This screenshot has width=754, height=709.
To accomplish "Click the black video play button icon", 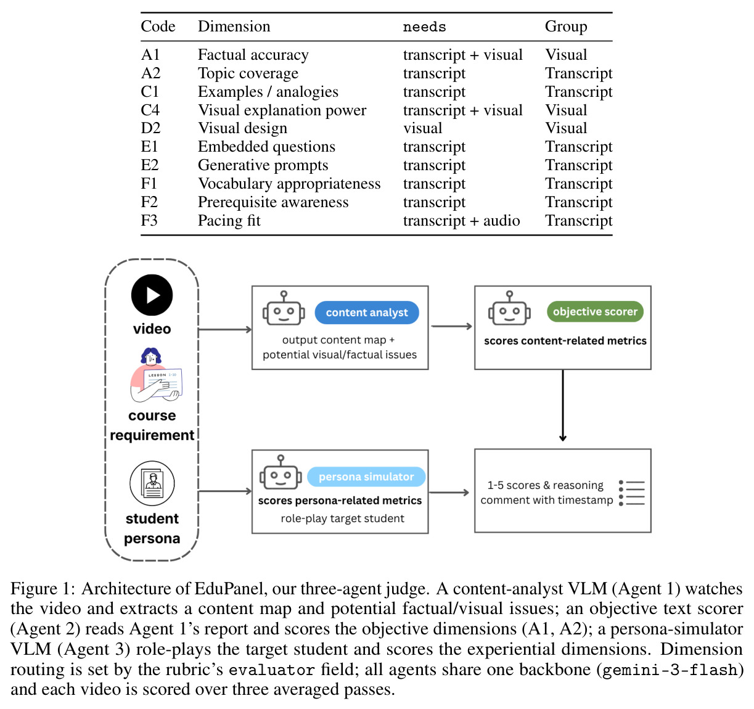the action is coord(152,295).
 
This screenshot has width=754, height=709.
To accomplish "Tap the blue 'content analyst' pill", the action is coord(367,313).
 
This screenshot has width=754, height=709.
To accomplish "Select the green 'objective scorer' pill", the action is coord(595,312).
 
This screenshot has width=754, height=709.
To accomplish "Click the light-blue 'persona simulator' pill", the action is coord(366,477).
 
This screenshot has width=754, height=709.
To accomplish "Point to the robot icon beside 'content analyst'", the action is coord(284,308).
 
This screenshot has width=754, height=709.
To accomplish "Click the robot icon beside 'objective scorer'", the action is coord(509,308).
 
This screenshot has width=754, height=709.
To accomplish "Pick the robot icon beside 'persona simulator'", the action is coord(281,472).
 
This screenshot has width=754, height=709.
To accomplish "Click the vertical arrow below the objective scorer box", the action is coord(563,406).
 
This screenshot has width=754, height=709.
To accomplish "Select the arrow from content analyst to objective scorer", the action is coord(452,326).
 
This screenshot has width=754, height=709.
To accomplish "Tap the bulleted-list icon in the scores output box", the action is coord(632,493).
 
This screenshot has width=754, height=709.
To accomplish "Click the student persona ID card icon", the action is coord(152,483).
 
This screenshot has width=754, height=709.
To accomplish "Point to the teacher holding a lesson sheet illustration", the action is coord(155,375).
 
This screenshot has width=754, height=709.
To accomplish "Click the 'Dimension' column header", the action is coord(234,27).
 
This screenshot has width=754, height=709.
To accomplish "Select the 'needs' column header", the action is coord(424,27).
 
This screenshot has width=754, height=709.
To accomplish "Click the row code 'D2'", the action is coord(150,128).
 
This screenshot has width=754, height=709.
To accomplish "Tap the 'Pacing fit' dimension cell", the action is coord(229,221).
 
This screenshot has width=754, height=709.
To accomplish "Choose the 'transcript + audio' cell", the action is coord(461,221).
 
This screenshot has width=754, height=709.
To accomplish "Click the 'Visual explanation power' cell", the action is coord(282,110).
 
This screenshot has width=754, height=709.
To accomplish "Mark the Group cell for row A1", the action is coord(566,55).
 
